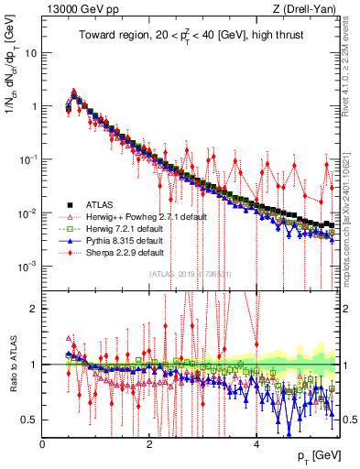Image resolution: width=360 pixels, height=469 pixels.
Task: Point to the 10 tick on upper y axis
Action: (30, 52)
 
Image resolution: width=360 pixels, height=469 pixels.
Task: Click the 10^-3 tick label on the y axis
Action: (27, 266)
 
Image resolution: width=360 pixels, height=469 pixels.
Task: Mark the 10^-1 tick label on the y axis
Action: (27, 159)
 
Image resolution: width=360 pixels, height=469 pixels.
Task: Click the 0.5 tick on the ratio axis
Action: (30, 420)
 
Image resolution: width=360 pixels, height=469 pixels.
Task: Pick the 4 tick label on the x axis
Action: (256, 442)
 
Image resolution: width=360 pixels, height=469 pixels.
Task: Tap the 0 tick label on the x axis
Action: (42, 442)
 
